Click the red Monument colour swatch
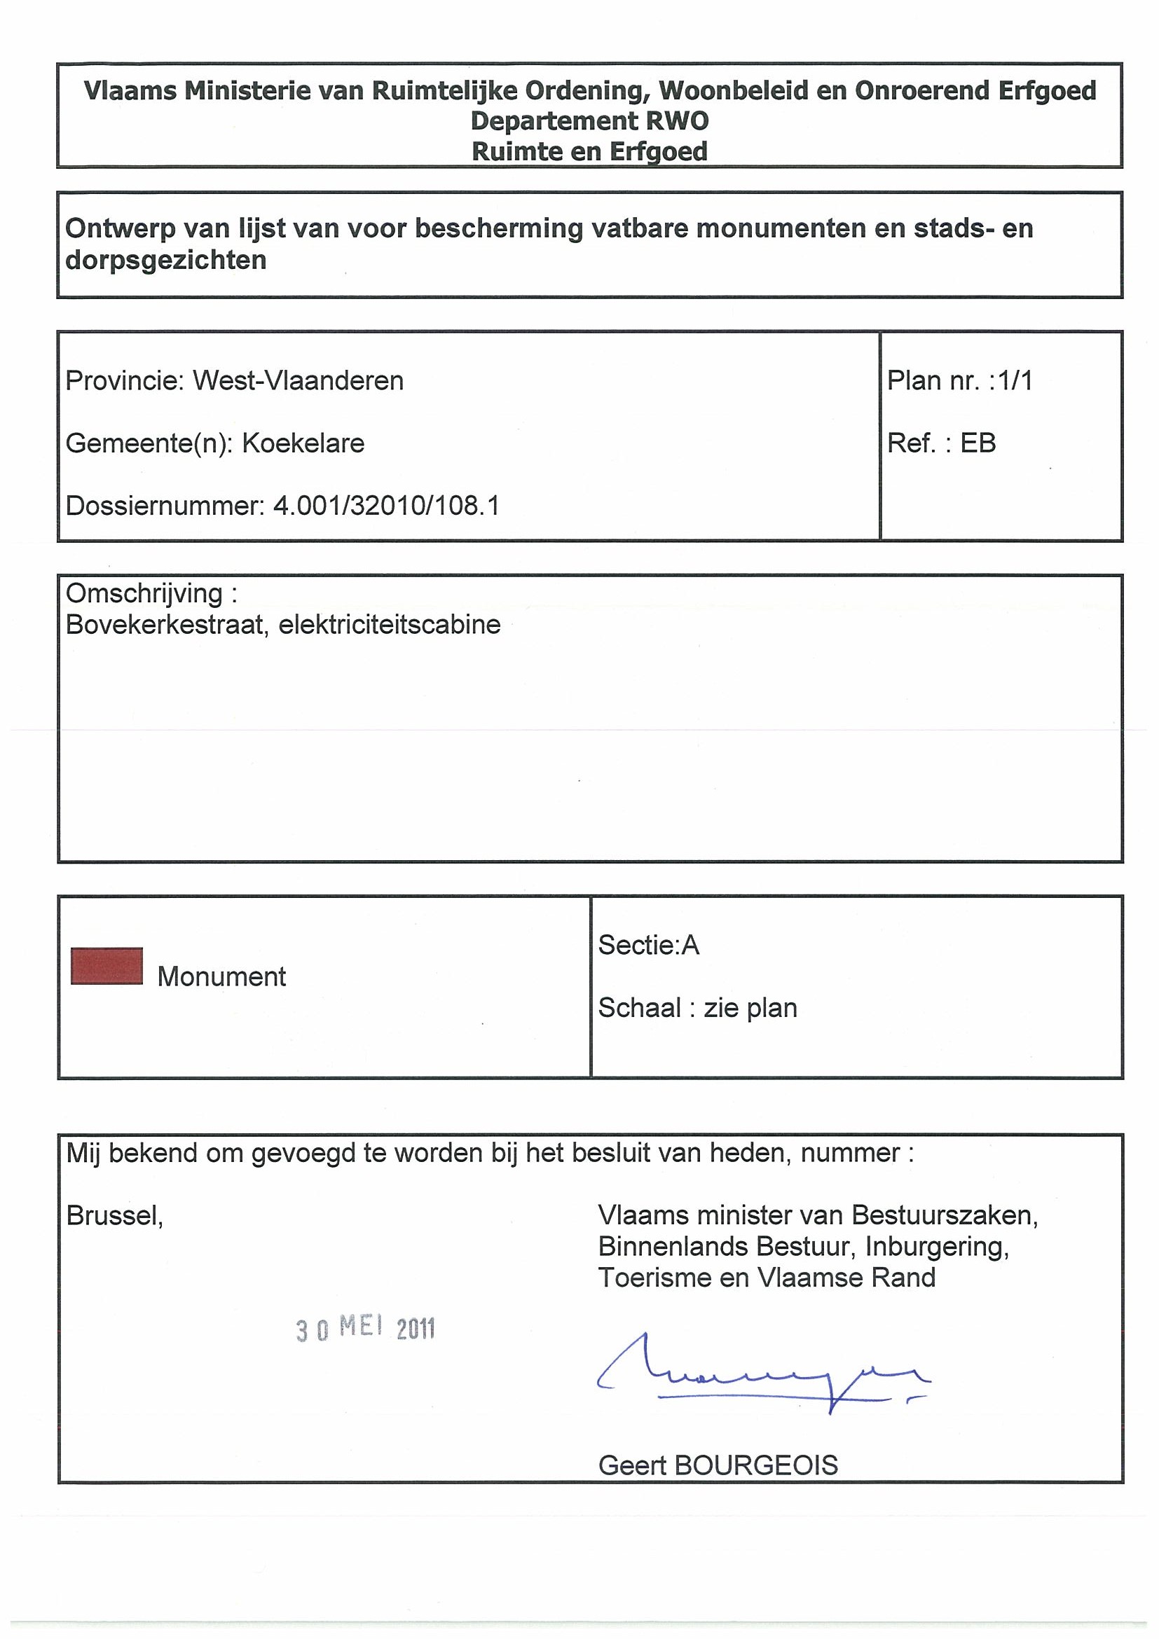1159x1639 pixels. pos(107,966)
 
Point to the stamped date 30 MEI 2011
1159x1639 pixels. pos(365,1329)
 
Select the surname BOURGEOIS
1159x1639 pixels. pos(755,1465)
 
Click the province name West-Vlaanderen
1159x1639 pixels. pos(299,381)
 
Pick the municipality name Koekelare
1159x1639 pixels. pos(303,443)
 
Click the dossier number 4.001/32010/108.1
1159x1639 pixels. pos(386,506)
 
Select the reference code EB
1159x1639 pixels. pos(978,443)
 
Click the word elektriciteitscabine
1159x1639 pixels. pos(390,625)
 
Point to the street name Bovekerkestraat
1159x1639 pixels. pos(164,625)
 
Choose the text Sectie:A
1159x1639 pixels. pos(648,945)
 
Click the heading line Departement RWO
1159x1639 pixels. pos(589,120)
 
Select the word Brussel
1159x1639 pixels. pos(114,1216)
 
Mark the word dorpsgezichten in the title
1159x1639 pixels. pos(165,260)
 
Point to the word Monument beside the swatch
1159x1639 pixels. pos(221,976)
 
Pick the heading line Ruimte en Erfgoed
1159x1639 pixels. pos(589,151)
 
